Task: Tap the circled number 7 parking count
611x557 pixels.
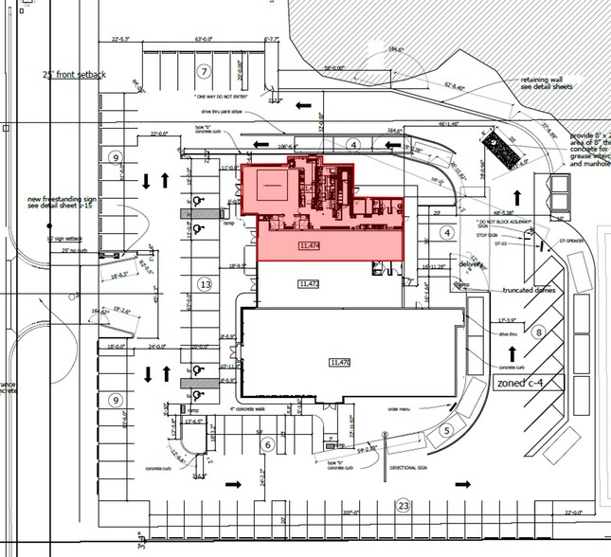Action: point(202,72)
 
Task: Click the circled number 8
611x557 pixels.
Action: point(538,332)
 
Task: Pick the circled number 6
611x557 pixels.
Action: point(268,444)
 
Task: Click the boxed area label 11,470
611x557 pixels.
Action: point(339,362)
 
